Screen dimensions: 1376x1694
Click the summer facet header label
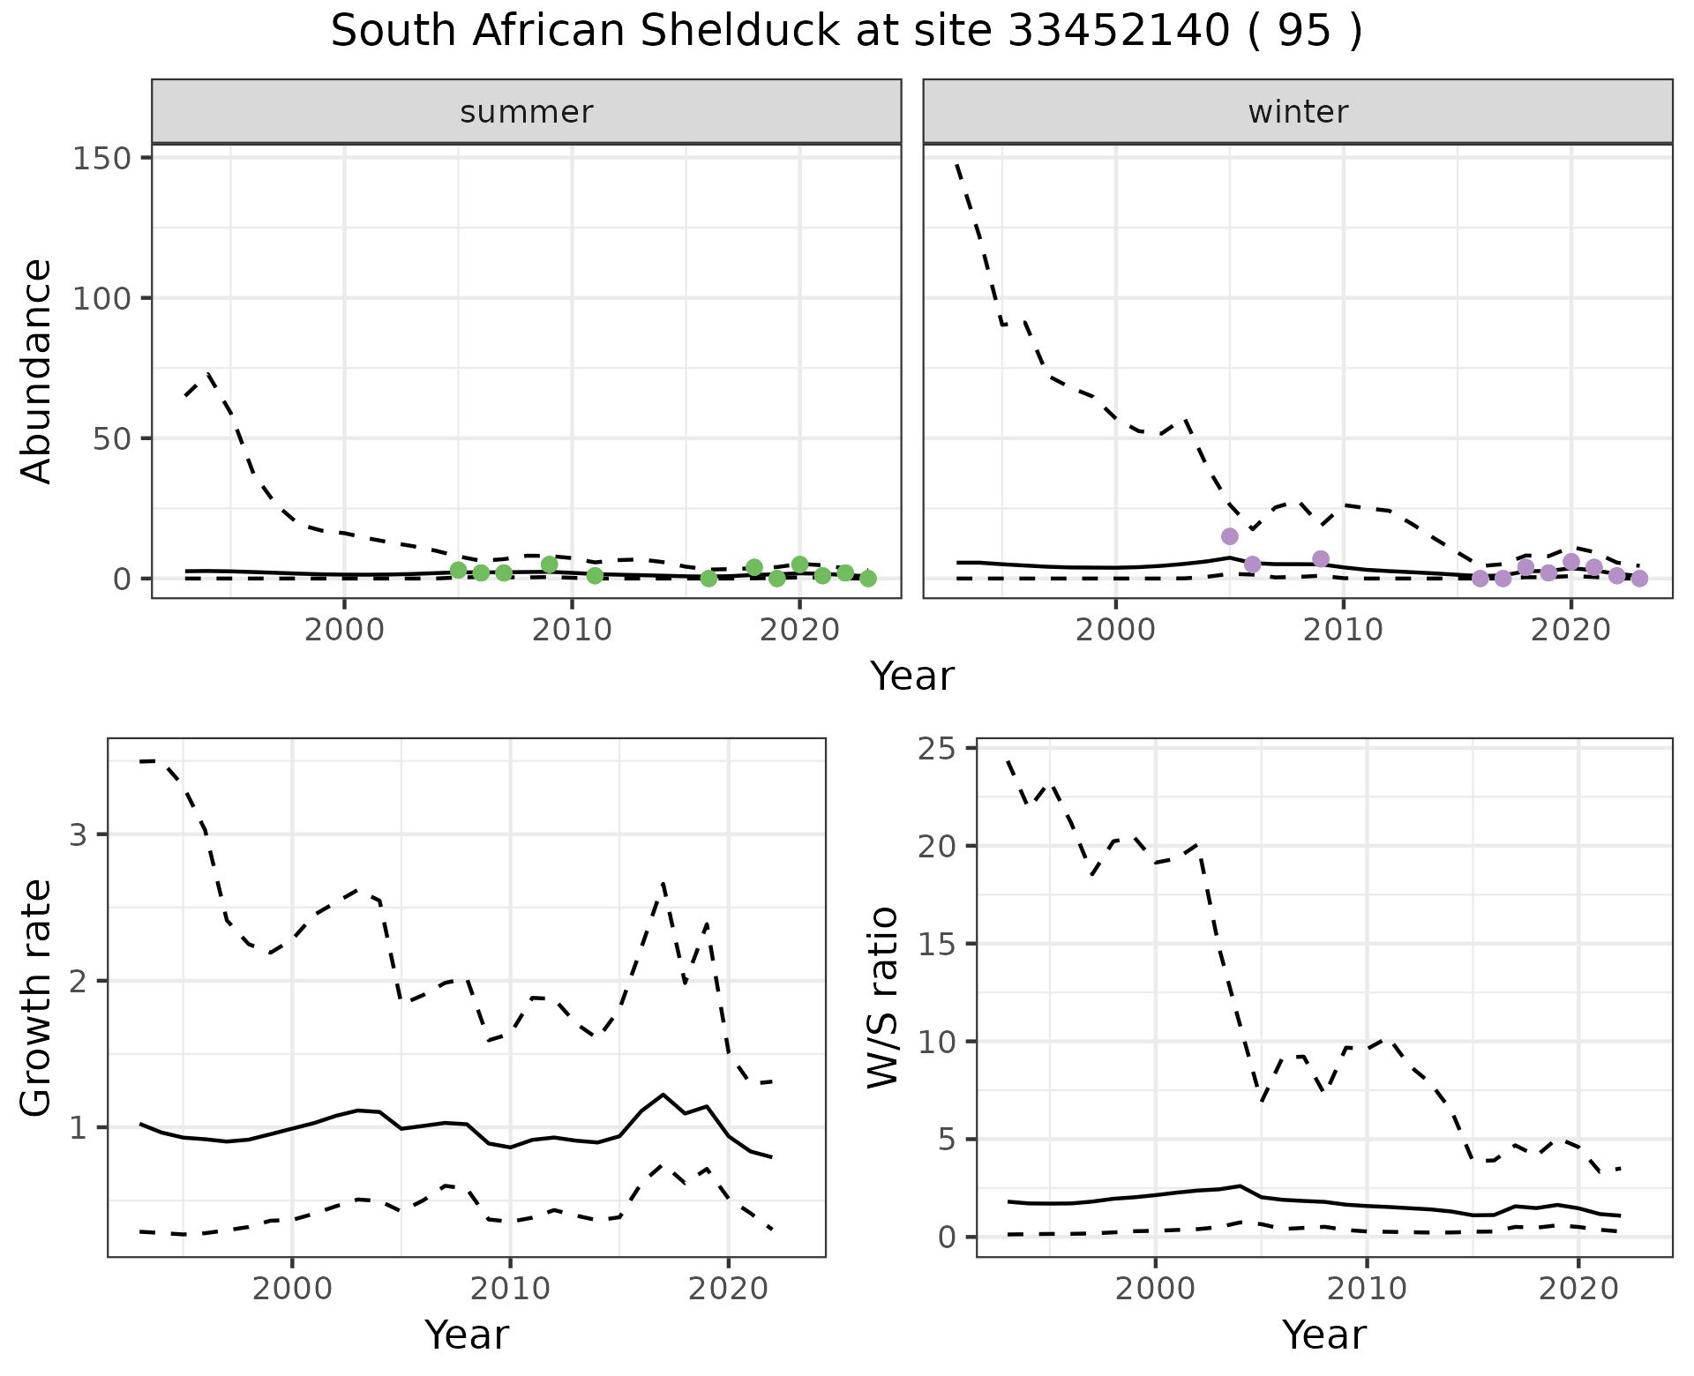527,112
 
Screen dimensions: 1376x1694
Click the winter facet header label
1298,112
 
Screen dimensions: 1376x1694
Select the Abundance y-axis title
37,370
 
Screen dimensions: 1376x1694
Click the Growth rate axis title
37,998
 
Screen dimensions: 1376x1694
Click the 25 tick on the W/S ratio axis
942,749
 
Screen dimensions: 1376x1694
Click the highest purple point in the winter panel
1230,536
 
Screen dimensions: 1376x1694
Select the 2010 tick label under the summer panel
572,632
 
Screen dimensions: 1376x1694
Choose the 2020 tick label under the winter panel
1570,632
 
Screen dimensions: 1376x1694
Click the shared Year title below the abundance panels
912,677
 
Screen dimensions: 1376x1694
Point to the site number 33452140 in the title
1119,32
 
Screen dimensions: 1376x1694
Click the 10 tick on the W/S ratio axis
942,1042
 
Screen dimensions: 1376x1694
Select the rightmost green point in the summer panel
868,579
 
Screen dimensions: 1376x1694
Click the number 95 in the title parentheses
1303,32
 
